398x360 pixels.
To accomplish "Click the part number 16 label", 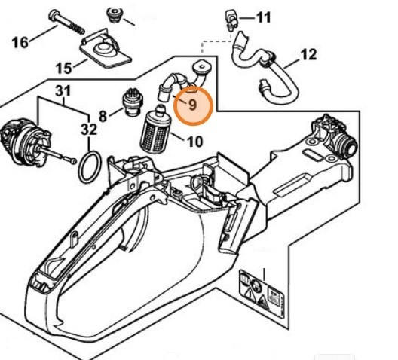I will [21, 42].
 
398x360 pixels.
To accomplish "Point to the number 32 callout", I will [89, 130].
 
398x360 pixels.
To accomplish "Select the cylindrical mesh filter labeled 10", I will [155, 128].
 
